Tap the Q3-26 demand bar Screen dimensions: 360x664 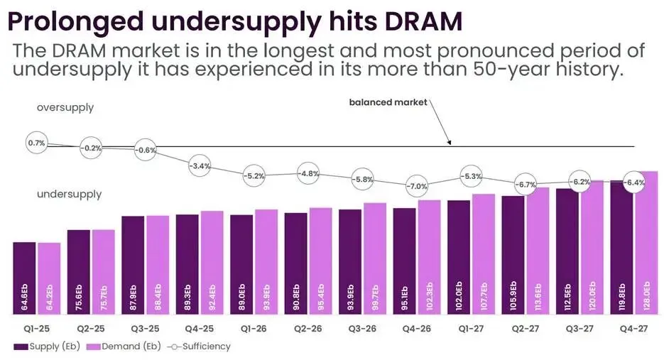pos(376,258)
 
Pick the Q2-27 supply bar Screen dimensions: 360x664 pos(513,255)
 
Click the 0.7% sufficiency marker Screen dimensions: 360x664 pos(36,143)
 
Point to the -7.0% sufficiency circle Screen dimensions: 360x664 pos(416,187)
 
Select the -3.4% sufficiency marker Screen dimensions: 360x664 pos(199,166)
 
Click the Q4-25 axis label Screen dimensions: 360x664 pos(200,328)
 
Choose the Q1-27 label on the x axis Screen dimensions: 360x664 pos(471,328)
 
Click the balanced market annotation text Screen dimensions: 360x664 pos(388,102)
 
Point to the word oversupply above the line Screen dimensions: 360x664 pos(65,108)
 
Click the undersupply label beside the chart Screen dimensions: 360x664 pos(69,194)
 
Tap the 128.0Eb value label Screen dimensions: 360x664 pos(647,296)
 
